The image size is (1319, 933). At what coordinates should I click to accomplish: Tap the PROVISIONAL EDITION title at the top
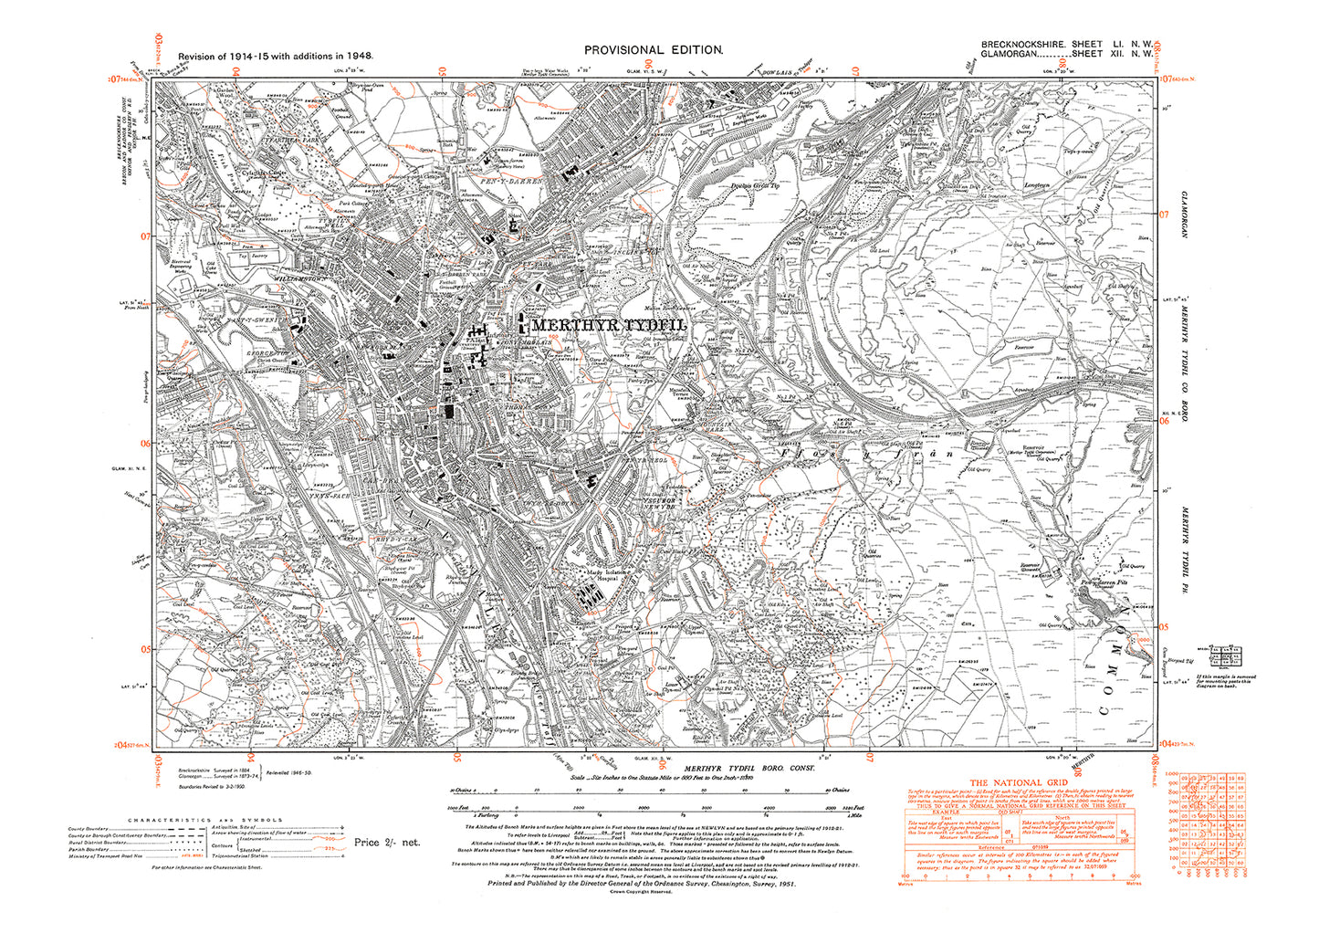click(x=654, y=50)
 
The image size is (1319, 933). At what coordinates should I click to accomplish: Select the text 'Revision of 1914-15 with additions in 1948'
click(x=275, y=56)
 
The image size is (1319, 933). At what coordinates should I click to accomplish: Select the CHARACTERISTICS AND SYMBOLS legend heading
click(x=205, y=820)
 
